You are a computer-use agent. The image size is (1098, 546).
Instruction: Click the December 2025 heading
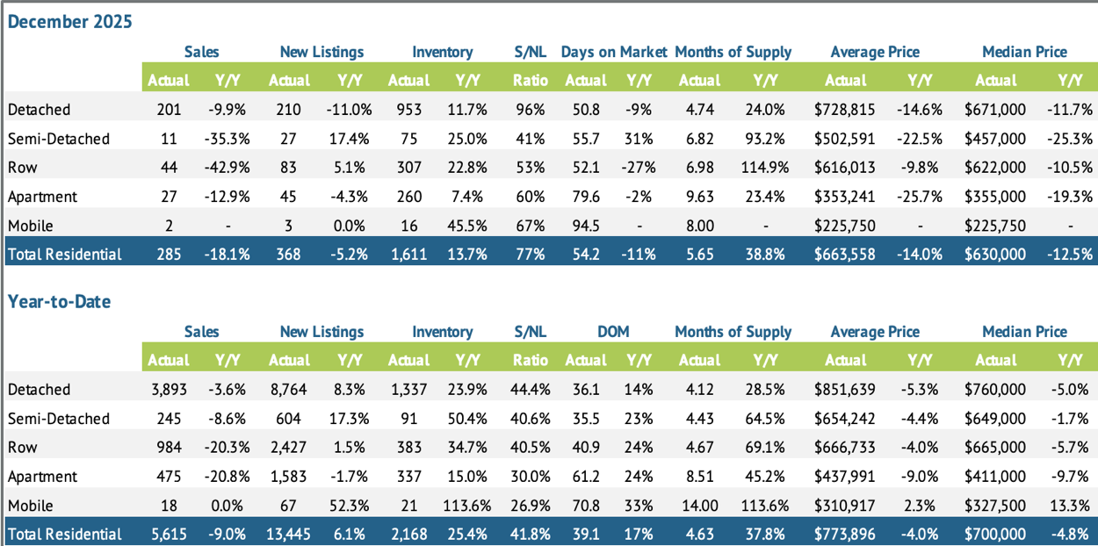pos(70,22)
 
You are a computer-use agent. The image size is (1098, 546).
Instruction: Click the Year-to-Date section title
pos(60,301)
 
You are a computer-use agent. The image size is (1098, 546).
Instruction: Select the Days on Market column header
pos(614,52)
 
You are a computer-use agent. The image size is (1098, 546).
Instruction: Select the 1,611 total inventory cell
pos(408,255)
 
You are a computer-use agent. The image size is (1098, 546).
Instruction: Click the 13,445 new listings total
pos(289,534)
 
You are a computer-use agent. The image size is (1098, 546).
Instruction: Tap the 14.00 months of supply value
pos(699,506)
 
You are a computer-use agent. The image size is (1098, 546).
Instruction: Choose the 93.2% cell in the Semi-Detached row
pos(761,139)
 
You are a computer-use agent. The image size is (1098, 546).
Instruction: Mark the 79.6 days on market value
pos(585,197)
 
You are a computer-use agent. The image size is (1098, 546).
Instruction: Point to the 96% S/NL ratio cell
pos(531,110)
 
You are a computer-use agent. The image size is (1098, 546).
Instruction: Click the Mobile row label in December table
pos(30,226)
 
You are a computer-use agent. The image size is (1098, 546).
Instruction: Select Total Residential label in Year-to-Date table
pos(64,534)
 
